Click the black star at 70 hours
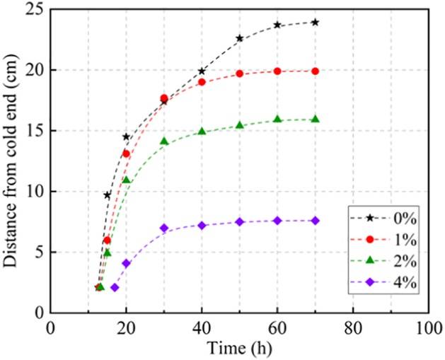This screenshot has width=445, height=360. [315, 22]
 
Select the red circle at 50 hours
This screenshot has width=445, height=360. [239, 74]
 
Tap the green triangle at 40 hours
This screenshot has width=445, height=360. [202, 131]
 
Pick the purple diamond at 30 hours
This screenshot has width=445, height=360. [164, 228]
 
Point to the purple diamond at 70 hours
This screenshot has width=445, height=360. [315, 221]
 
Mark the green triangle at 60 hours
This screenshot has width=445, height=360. [277, 119]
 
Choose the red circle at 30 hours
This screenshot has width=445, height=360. [164, 98]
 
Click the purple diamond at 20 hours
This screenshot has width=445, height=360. [126, 263]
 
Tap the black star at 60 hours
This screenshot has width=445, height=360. [277, 25]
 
